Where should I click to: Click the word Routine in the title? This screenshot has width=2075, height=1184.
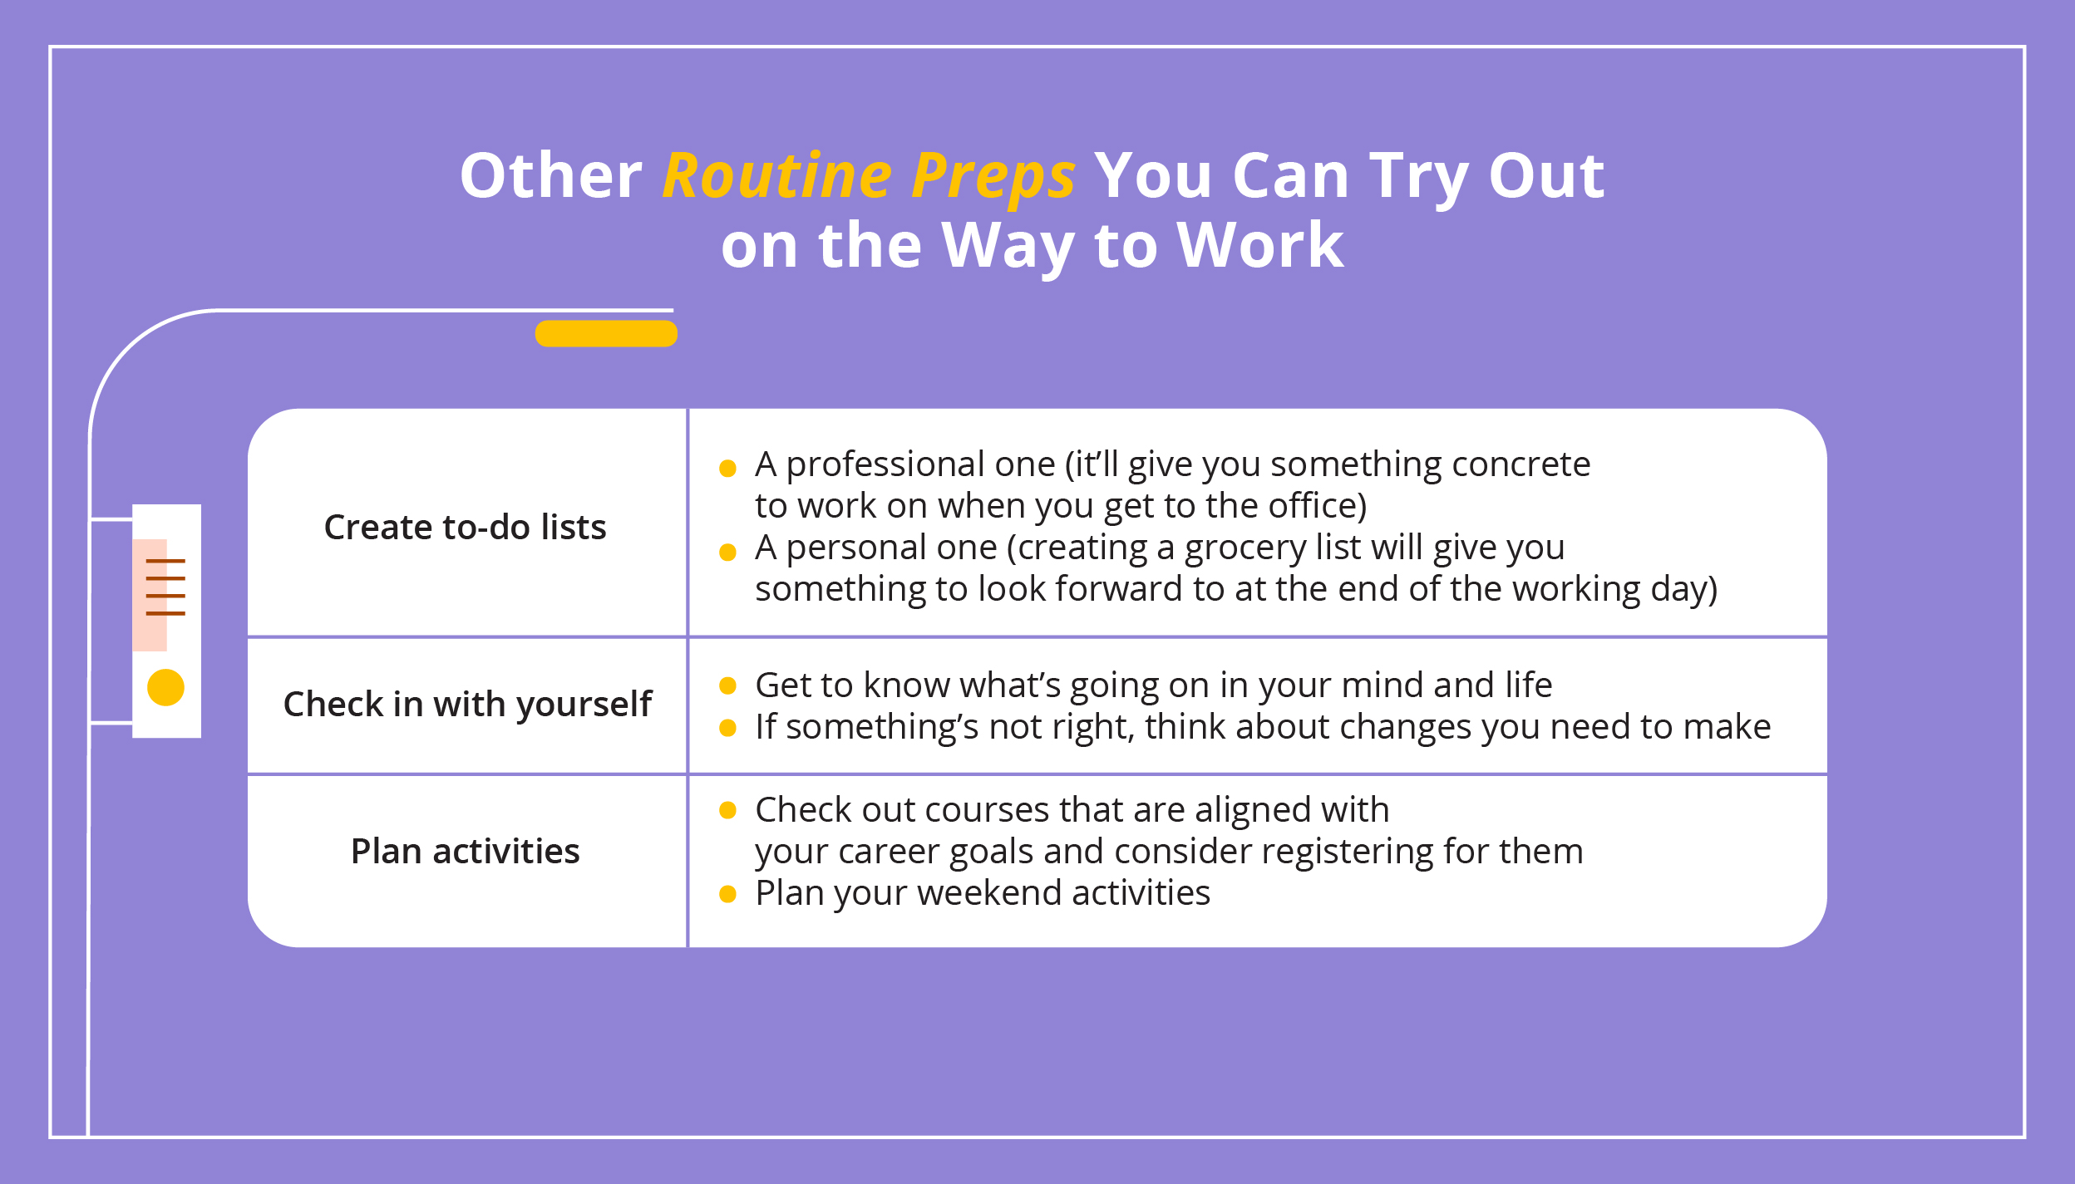(777, 175)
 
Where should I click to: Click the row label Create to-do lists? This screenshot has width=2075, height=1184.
(465, 527)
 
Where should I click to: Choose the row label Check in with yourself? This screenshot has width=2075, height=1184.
(467, 705)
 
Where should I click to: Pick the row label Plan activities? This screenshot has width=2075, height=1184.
(465, 851)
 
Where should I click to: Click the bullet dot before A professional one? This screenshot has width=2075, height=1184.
(727, 468)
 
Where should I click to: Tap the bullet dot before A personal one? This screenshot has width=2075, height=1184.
(727, 552)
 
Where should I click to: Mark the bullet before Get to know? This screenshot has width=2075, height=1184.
(727, 685)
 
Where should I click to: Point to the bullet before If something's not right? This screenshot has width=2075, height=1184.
(727, 728)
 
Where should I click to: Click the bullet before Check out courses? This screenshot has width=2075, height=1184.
(727, 810)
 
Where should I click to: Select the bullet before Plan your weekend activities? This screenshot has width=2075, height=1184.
(727, 894)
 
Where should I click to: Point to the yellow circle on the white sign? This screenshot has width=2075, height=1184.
(165, 687)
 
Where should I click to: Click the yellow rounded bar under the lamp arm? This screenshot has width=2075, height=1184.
(606, 333)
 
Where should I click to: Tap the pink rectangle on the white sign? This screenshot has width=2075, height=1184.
(150, 595)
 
